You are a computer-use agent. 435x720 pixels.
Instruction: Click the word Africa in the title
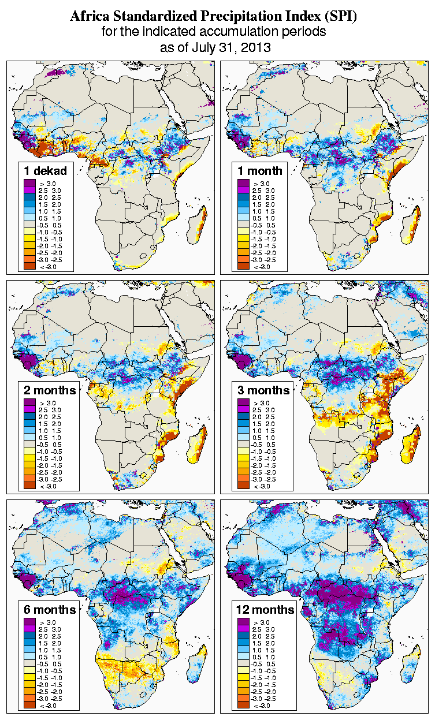[x=88, y=17]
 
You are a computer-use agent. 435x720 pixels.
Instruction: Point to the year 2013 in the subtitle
[x=256, y=47]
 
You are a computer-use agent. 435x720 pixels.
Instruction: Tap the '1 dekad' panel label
[x=46, y=170]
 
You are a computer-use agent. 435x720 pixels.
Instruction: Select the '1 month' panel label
[x=259, y=170]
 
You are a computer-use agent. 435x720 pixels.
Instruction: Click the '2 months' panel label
[x=50, y=390]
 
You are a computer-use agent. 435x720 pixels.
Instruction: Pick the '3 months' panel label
[x=263, y=390]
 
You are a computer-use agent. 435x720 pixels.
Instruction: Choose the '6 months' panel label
[x=50, y=610]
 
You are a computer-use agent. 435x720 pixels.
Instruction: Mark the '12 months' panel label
[x=266, y=610]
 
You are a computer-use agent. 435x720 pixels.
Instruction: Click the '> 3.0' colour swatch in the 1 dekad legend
[x=29, y=183]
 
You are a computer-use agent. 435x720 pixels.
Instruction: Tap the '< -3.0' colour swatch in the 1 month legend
[x=243, y=266]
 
